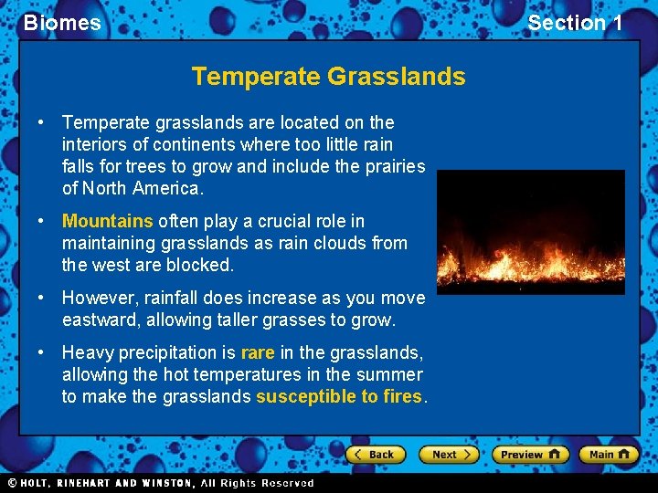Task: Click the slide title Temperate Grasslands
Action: (328, 77)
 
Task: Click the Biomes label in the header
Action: (62, 23)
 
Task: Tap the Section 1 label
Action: (575, 23)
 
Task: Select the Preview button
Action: (530, 454)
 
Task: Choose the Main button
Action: (608, 454)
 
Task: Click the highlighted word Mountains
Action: (107, 221)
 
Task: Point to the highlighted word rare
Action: (258, 352)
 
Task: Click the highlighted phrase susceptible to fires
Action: (339, 396)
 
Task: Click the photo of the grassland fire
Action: (530, 232)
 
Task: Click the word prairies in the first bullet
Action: (395, 166)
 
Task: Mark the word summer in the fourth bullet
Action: (396, 374)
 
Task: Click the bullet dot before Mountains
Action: (41, 221)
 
